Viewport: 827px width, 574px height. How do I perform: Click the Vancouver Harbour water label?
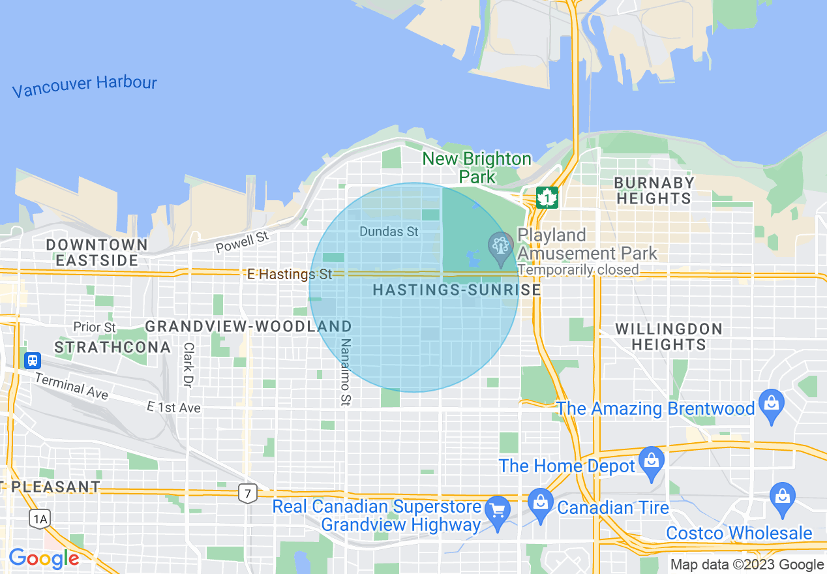[x=85, y=86]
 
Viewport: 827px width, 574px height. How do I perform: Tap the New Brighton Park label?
[x=477, y=168]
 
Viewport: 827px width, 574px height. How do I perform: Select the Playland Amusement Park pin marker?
[x=501, y=247]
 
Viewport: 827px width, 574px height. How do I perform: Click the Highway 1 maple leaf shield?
[x=547, y=197]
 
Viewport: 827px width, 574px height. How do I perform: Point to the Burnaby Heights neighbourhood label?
[x=654, y=190]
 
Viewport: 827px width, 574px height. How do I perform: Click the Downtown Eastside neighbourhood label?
[x=97, y=252]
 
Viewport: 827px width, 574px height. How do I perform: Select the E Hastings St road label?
[x=290, y=275]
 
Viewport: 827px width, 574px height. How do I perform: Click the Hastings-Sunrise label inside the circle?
[x=457, y=290]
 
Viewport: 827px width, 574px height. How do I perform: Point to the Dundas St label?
[x=389, y=232]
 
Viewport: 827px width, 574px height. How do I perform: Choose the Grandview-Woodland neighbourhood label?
[x=248, y=326]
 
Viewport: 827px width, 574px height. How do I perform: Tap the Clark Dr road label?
[x=188, y=365]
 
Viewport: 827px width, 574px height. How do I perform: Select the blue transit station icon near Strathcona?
[x=32, y=360]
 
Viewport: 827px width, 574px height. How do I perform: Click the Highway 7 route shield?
[x=247, y=494]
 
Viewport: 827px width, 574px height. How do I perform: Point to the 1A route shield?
[x=40, y=519]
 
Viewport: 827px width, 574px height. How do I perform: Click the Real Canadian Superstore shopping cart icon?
[x=498, y=511]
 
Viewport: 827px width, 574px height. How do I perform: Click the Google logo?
[x=44, y=558]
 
